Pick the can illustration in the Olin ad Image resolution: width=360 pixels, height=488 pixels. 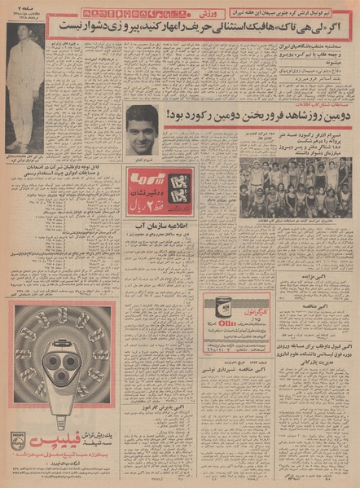(x=217, y=316)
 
